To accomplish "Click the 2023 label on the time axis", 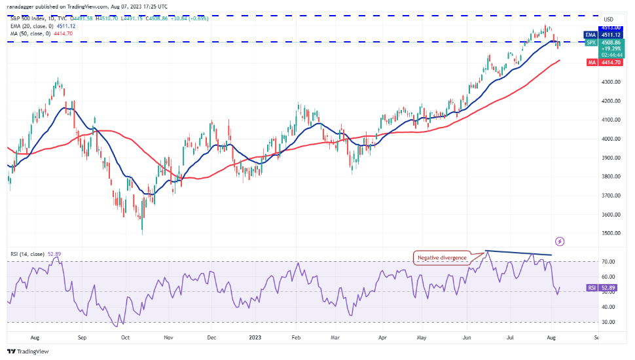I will pyautogui.click(x=255, y=338).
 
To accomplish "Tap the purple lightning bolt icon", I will pyautogui.click(x=559, y=242).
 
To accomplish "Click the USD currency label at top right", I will pyautogui.click(x=608, y=19).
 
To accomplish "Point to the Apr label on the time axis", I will pyautogui.click(x=382, y=338).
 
